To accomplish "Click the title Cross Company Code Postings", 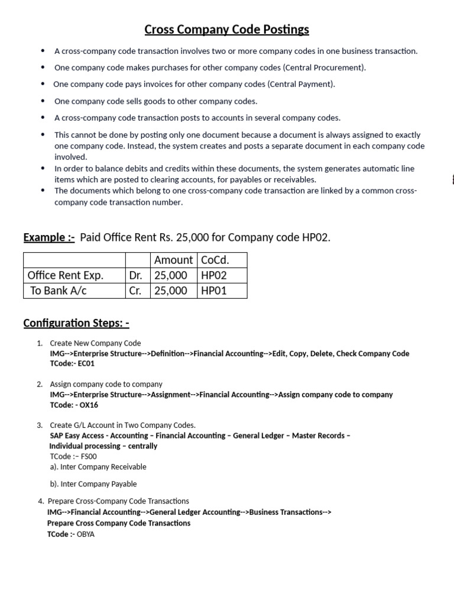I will click(x=227, y=29).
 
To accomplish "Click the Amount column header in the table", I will click(x=173, y=260).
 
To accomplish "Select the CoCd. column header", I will click(x=215, y=260).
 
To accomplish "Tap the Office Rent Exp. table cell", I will click(x=66, y=275).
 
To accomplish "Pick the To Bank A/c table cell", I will click(x=59, y=291).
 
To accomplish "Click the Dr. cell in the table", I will click(x=135, y=275).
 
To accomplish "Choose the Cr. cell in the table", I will click(x=135, y=291).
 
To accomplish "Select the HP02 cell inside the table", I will click(x=214, y=275).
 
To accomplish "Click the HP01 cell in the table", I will click(x=214, y=291).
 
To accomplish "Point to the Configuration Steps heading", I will click(x=76, y=323).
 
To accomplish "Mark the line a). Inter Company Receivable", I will click(x=98, y=467).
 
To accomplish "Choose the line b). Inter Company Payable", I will click(x=93, y=483).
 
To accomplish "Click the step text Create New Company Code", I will click(x=95, y=343).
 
